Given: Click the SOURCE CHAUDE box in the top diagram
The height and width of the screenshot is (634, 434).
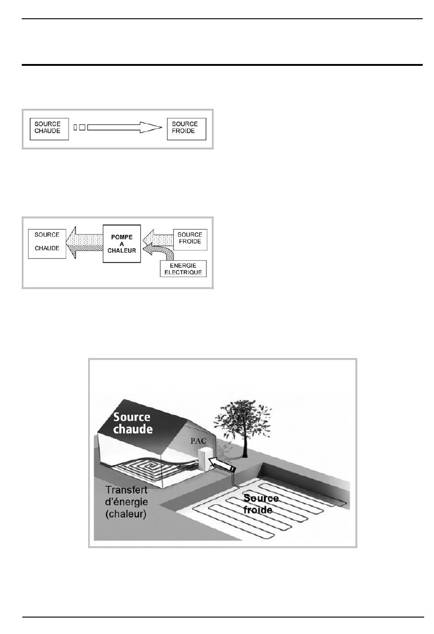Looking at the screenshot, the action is (49, 129).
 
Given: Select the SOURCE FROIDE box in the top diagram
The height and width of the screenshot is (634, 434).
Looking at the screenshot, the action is (186, 129).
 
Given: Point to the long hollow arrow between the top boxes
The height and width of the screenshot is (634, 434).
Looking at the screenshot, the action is (124, 128).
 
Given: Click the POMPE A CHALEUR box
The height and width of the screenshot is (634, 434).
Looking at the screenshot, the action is (122, 244).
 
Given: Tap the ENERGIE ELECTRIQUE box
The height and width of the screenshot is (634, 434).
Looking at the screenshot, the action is (183, 269).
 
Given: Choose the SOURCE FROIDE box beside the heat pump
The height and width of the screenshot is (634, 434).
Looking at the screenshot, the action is (190, 240).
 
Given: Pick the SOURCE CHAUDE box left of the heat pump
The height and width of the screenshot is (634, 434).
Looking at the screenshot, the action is (47, 244).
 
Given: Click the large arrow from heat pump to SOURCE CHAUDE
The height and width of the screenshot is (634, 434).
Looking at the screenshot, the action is (85, 243).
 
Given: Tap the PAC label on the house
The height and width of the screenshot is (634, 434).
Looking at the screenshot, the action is (198, 441).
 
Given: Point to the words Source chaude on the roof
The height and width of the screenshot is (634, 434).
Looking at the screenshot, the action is (132, 423).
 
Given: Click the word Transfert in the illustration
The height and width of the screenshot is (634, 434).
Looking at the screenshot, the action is (126, 490).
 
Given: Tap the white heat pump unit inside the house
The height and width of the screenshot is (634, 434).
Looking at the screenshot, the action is (203, 460).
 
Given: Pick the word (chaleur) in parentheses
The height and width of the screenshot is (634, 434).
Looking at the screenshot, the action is (126, 514).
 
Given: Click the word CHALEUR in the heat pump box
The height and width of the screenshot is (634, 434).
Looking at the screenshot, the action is (122, 250).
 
